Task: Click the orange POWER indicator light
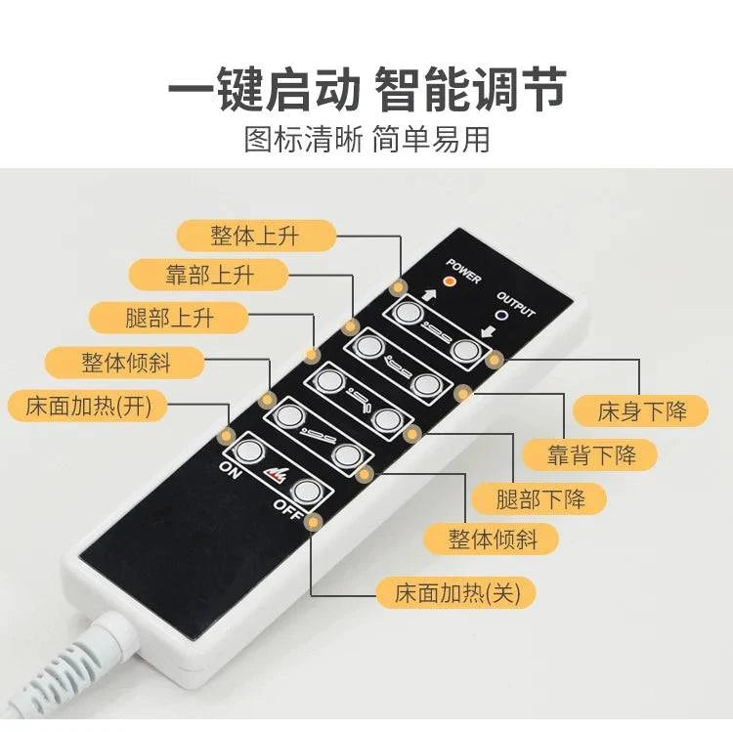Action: [450, 280]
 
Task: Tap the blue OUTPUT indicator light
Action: [503, 316]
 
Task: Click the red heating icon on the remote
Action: [276, 474]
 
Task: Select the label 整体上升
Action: [256, 236]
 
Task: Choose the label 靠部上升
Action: [208, 275]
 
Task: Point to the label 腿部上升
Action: [169, 318]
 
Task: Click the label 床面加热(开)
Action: [88, 406]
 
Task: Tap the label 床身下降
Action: [641, 410]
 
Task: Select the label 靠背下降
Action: [590, 454]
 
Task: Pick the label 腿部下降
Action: [539, 498]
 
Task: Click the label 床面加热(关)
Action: [455, 592]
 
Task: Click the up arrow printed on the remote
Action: [429, 294]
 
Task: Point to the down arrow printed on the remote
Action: [488, 332]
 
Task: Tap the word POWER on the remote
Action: [463, 271]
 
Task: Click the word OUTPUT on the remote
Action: [515, 304]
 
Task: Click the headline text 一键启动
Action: [265, 89]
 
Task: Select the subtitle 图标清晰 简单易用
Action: [366, 139]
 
